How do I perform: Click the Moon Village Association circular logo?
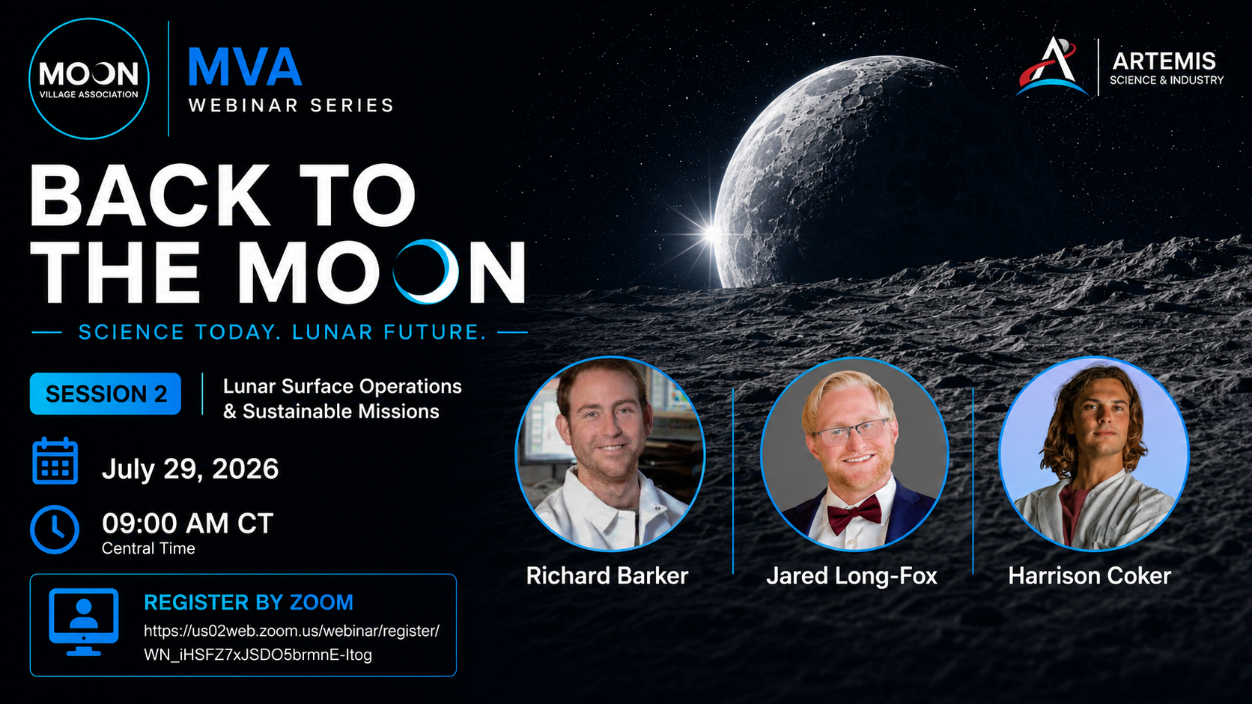(x=89, y=79)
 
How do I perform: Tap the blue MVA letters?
(x=245, y=67)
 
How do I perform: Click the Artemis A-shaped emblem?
(x=1051, y=66)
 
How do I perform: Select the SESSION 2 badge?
(x=106, y=394)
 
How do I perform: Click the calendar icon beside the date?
(x=55, y=461)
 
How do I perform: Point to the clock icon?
(x=55, y=529)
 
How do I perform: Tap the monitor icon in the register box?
(x=84, y=622)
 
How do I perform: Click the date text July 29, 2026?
(x=190, y=469)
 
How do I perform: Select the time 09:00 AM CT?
(x=188, y=524)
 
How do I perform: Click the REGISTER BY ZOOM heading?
(x=249, y=602)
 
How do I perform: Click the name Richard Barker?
(x=607, y=575)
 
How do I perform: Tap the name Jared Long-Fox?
(x=852, y=576)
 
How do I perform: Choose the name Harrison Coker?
(x=1090, y=575)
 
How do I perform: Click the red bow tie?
(x=854, y=513)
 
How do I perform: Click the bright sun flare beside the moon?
(x=712, y=233)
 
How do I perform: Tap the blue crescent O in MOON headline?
(x=426, y=272)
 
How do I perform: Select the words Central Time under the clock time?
(x=148, y=548)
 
